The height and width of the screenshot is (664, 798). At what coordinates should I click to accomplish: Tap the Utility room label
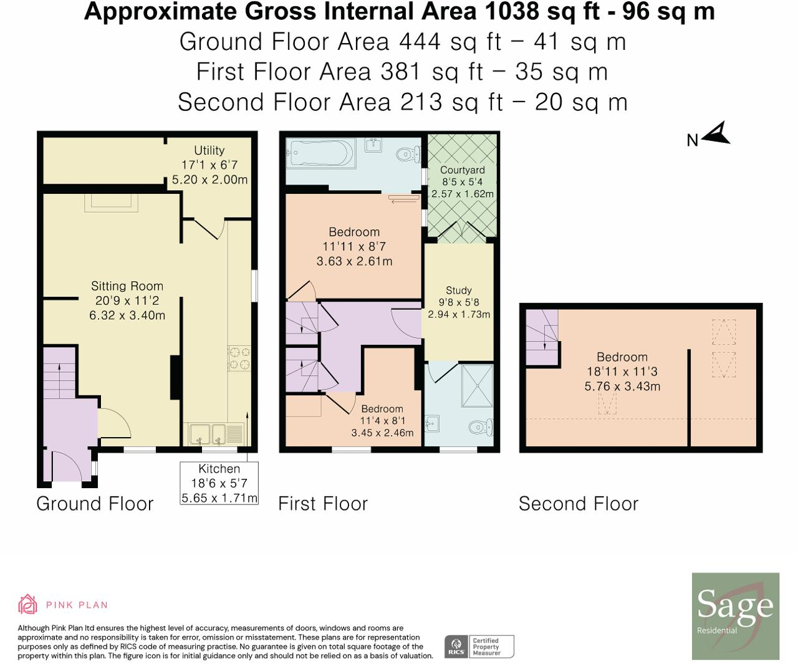click(x=209, y=150)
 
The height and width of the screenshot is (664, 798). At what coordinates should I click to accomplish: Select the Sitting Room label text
click(x=127, y=286)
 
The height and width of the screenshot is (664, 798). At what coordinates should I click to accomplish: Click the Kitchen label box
click(x=219, y=483)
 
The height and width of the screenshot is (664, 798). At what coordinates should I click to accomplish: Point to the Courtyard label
click(x=463, y=170)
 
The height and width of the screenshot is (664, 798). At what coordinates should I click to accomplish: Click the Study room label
click(x=459, y=290)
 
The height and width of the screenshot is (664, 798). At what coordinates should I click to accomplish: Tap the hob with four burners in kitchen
click(x=239, y=358)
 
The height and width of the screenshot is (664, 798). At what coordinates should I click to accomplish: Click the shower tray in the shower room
click(x=478, y=386)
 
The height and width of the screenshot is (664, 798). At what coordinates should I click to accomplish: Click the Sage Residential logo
click(x=735, y=616)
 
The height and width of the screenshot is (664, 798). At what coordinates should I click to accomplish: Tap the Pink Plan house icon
click(x=27, y=604)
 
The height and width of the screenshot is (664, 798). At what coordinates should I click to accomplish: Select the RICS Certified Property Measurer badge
click(x=479, y=647)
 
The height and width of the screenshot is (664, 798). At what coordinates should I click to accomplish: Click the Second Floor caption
click(x=579, y=503)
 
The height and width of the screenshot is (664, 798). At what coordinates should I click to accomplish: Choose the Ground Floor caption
click(x=95, y=503)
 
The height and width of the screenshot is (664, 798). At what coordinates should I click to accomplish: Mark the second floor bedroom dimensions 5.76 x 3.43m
click(x=622, y=386)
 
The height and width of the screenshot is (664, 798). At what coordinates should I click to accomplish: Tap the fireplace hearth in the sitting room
click(x=111, y=203)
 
